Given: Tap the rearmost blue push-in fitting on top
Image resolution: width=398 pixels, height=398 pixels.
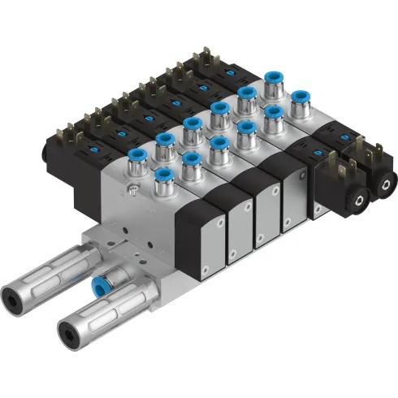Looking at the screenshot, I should pos(274,83).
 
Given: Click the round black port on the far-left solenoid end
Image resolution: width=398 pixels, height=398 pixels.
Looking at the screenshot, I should pos(43,154).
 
